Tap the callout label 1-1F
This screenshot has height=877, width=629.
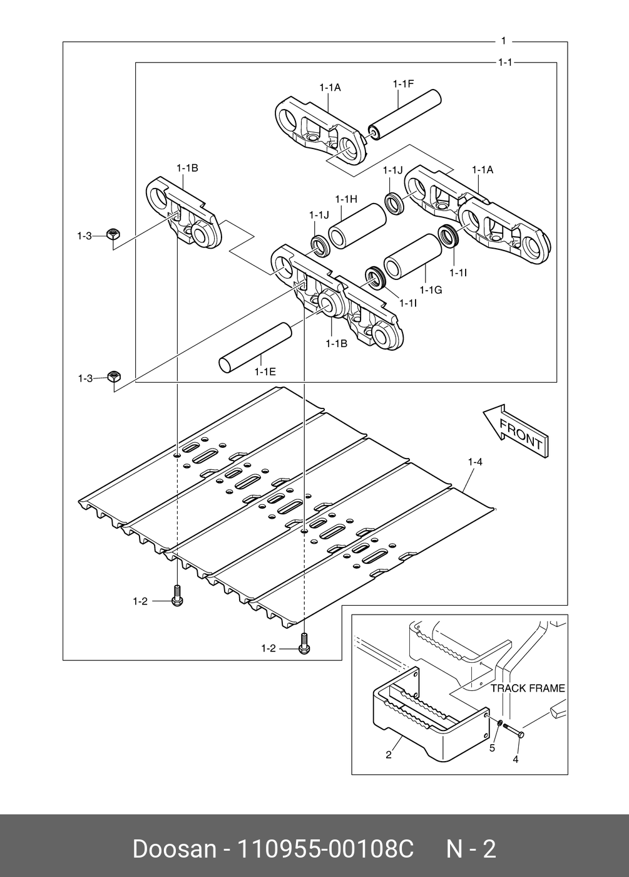(403, 84)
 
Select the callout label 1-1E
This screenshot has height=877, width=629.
(265, 371)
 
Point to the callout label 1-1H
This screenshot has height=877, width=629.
(345, 199)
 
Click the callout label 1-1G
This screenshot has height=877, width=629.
(431, 290)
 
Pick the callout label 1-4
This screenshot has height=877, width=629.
(474, 462)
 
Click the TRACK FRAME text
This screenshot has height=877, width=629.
(528, 688)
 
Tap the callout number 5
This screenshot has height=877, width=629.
(492, 747)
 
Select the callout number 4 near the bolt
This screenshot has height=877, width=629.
(516, 759)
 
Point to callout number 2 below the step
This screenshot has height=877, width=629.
(388, 755)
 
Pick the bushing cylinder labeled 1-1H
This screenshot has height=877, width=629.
(358, 226)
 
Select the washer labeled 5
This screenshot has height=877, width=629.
(499, 725)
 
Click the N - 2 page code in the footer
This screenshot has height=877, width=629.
(471, 849)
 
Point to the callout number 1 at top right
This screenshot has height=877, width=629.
(503, 41)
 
